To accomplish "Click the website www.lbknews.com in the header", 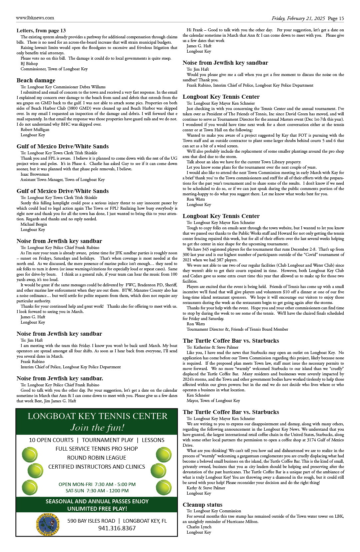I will (35, 18).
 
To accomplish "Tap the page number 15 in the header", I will (341, 19).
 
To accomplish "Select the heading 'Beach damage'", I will (36, 80).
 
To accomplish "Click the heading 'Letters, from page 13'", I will (41, 31).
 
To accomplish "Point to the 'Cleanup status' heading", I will (202, 505).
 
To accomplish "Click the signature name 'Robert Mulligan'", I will (35, 130).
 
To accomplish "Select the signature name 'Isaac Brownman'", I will (35, 174).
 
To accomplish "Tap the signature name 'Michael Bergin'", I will (34, 224).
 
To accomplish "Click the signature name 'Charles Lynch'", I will (199, 527).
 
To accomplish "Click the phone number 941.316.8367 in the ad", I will (117, 528).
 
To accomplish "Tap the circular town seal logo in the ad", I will (48, 524).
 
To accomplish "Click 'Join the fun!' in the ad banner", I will (97, 428).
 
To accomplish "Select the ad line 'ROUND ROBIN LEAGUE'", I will (97, 458).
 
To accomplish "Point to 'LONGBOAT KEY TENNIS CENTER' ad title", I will (97, 416).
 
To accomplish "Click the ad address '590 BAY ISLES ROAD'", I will (91, 521).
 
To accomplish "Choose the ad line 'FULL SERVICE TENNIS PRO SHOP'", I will (97, 449).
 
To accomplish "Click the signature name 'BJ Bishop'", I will (29, 64).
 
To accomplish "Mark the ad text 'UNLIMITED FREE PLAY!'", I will (97, 509).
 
